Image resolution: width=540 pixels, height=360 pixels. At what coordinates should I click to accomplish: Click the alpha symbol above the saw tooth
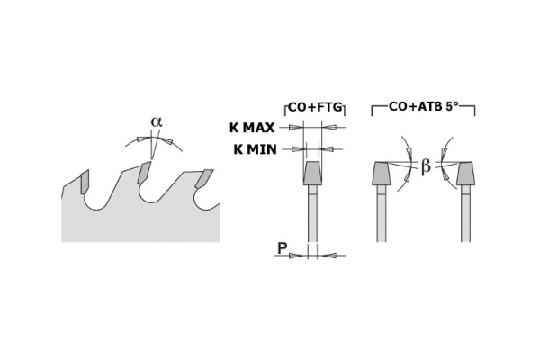[157, 122]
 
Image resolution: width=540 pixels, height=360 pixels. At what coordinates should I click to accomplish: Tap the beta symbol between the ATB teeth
[426, 167]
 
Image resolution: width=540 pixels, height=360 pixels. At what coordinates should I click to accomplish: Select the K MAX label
[252, 128]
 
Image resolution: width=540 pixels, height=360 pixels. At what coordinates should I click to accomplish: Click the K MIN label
[256, 149]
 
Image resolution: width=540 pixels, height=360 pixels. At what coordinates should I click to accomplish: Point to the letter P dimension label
[283, 247]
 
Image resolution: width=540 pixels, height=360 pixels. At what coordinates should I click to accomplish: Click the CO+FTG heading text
[315, 107]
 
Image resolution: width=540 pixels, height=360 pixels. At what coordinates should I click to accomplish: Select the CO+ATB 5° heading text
[424, 106]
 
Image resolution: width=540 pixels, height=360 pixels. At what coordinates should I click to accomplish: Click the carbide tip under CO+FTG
[312, 174]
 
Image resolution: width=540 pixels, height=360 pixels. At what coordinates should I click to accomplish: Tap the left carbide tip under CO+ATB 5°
[381, 174]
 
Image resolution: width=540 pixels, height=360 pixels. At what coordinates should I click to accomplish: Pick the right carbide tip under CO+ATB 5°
[465, 174]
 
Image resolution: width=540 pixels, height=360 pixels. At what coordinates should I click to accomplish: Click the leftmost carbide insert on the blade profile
[85, 182]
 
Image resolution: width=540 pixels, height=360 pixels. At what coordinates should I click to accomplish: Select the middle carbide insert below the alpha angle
[144, 173]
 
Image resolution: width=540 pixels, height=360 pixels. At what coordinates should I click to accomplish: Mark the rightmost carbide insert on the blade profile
[204, 178]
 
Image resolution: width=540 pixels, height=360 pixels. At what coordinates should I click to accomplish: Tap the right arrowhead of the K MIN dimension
[327, 149]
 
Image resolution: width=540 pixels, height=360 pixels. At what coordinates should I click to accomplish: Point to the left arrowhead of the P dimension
[296, 256]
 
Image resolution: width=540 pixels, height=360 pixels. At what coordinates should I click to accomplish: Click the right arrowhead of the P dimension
[328, 256]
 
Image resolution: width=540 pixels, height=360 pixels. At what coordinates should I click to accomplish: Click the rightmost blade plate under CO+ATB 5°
[465, 213]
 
